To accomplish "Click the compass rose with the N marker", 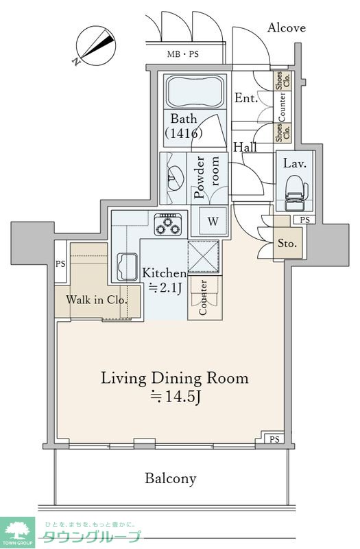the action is pyautogui.click(x=95, y=47).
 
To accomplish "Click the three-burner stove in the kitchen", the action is pyautogui.click(x=168, y=224).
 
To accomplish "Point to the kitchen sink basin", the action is pyautogui.click(x=128, y=266).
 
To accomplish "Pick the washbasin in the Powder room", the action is pyautogui.click(x=174, y=178).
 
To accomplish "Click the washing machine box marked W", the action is pyautogui.click(x=213, y=221).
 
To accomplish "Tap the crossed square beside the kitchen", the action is pyautogui.click(x=203, y=256).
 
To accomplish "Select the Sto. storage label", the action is pyautogui.click(x=287, y=243).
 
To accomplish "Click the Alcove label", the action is pyautogui.click(x=287, y=27).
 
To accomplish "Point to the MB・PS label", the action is pyautogui.click(x=182, y=54).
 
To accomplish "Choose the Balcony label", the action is pyautogui.click(x=171, y=478).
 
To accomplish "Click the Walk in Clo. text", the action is pyautogui.click(x=97, y=300).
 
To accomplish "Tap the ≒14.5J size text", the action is pyautogui.click(x=175, y=397).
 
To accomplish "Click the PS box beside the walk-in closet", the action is pyautogui.click(x=60, y=262).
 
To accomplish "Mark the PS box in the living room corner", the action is pyautogui.click(x=274, y=439).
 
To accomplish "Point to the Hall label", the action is pyautogui.click(x=245, y=147).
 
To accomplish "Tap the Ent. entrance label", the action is pyautogui.click(x=246, y=98).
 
